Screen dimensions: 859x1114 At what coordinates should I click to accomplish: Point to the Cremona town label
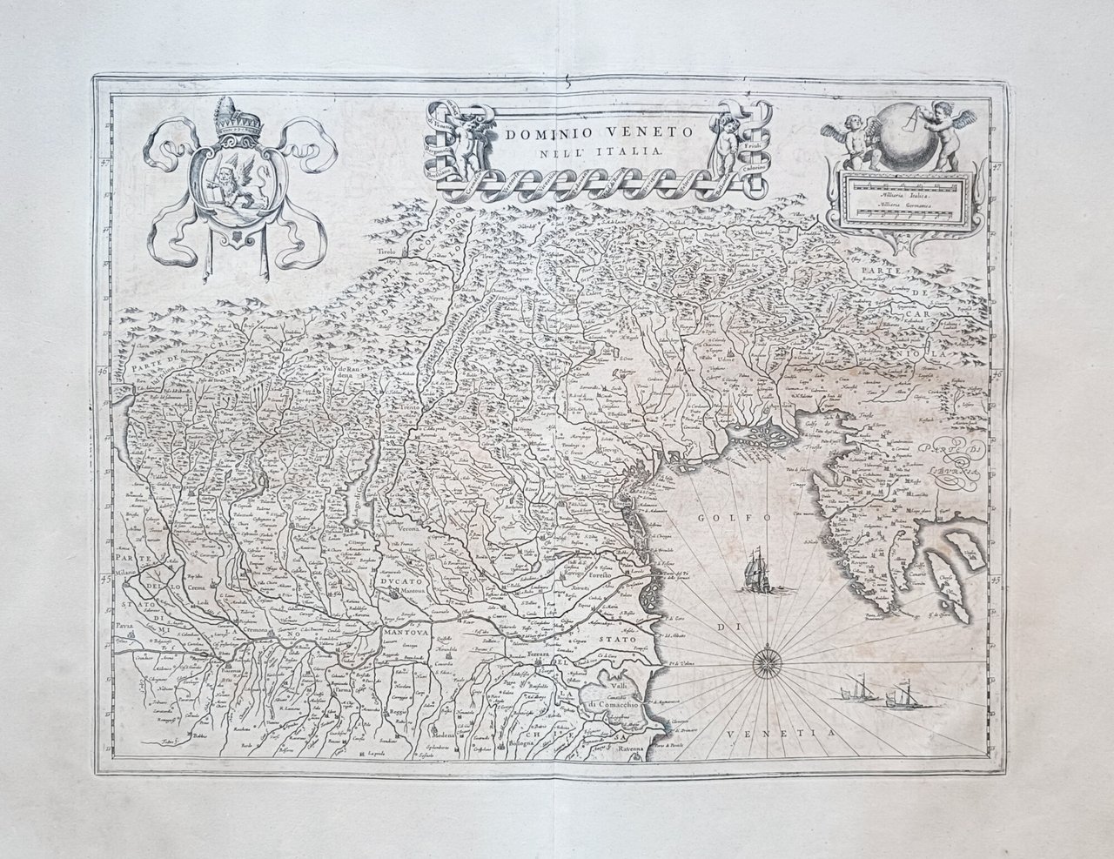245,629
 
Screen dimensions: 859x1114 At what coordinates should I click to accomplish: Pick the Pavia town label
126,626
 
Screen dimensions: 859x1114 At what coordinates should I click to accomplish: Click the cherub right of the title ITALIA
726,139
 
